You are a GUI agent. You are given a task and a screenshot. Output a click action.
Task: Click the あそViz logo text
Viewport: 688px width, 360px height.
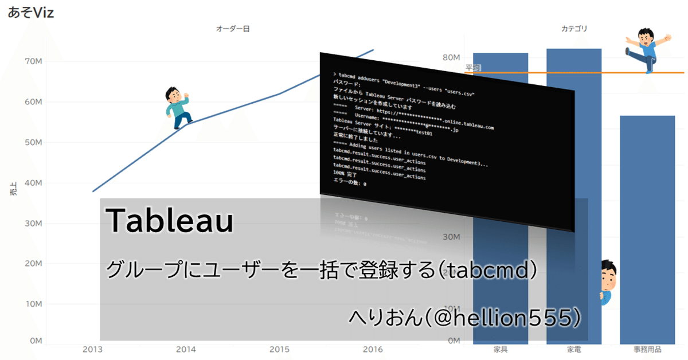(x=31, y=13)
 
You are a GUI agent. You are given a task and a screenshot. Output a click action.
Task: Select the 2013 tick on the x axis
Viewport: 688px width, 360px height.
(x=93, y=349)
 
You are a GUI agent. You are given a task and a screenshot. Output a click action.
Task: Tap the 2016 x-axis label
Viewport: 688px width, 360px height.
(x=373, y=349)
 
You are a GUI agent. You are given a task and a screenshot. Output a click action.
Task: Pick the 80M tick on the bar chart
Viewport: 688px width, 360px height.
(x=450, y=58)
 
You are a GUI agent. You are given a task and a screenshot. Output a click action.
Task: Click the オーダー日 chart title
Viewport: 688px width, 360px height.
(x=232, y=28)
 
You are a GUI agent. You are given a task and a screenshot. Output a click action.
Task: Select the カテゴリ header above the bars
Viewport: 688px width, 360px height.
(x=574, y=28)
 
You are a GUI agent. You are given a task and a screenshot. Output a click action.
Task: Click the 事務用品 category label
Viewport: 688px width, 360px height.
(x=647, y=349)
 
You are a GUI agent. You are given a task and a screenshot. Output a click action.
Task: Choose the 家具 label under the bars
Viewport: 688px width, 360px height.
(x=501, y=349)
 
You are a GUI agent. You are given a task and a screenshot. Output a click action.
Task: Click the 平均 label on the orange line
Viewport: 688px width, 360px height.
(x=473, y=68)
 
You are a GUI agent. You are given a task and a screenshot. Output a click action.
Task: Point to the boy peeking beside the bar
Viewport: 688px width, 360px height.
(x=607, y=281)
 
